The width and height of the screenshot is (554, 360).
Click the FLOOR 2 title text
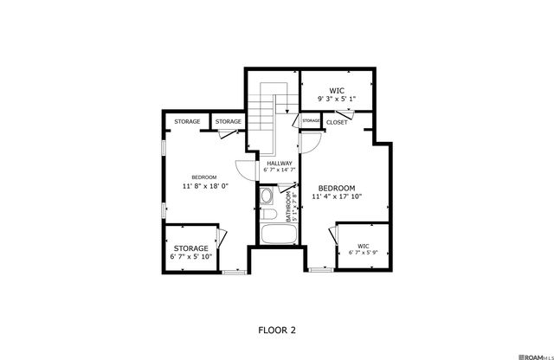(x=277, y=330)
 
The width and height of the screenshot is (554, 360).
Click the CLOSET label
(x=337, y=123)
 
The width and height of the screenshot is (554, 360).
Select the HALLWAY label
(x=280, y=163)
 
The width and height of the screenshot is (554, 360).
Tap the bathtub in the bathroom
(x=276, y=236)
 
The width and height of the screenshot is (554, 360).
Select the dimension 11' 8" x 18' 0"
(x=204, y=186)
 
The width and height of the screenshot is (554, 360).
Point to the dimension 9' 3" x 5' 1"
(x=337, y=100)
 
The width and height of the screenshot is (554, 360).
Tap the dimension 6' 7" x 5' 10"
(x=190, y=257)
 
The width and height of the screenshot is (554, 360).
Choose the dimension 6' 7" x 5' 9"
(x=364, y=253)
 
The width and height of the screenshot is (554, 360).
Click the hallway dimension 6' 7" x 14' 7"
(x=280, y=170)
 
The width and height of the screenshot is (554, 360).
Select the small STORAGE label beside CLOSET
(x=311, y=120)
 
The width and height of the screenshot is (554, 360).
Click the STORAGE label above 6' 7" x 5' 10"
(x=190, y=248)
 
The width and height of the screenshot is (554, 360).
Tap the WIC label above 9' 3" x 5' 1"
(x=337, y=90)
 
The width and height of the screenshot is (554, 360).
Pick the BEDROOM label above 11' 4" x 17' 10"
(x=337, y=189)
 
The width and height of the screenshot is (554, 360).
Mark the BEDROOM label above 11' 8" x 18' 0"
(x=204, y=177)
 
